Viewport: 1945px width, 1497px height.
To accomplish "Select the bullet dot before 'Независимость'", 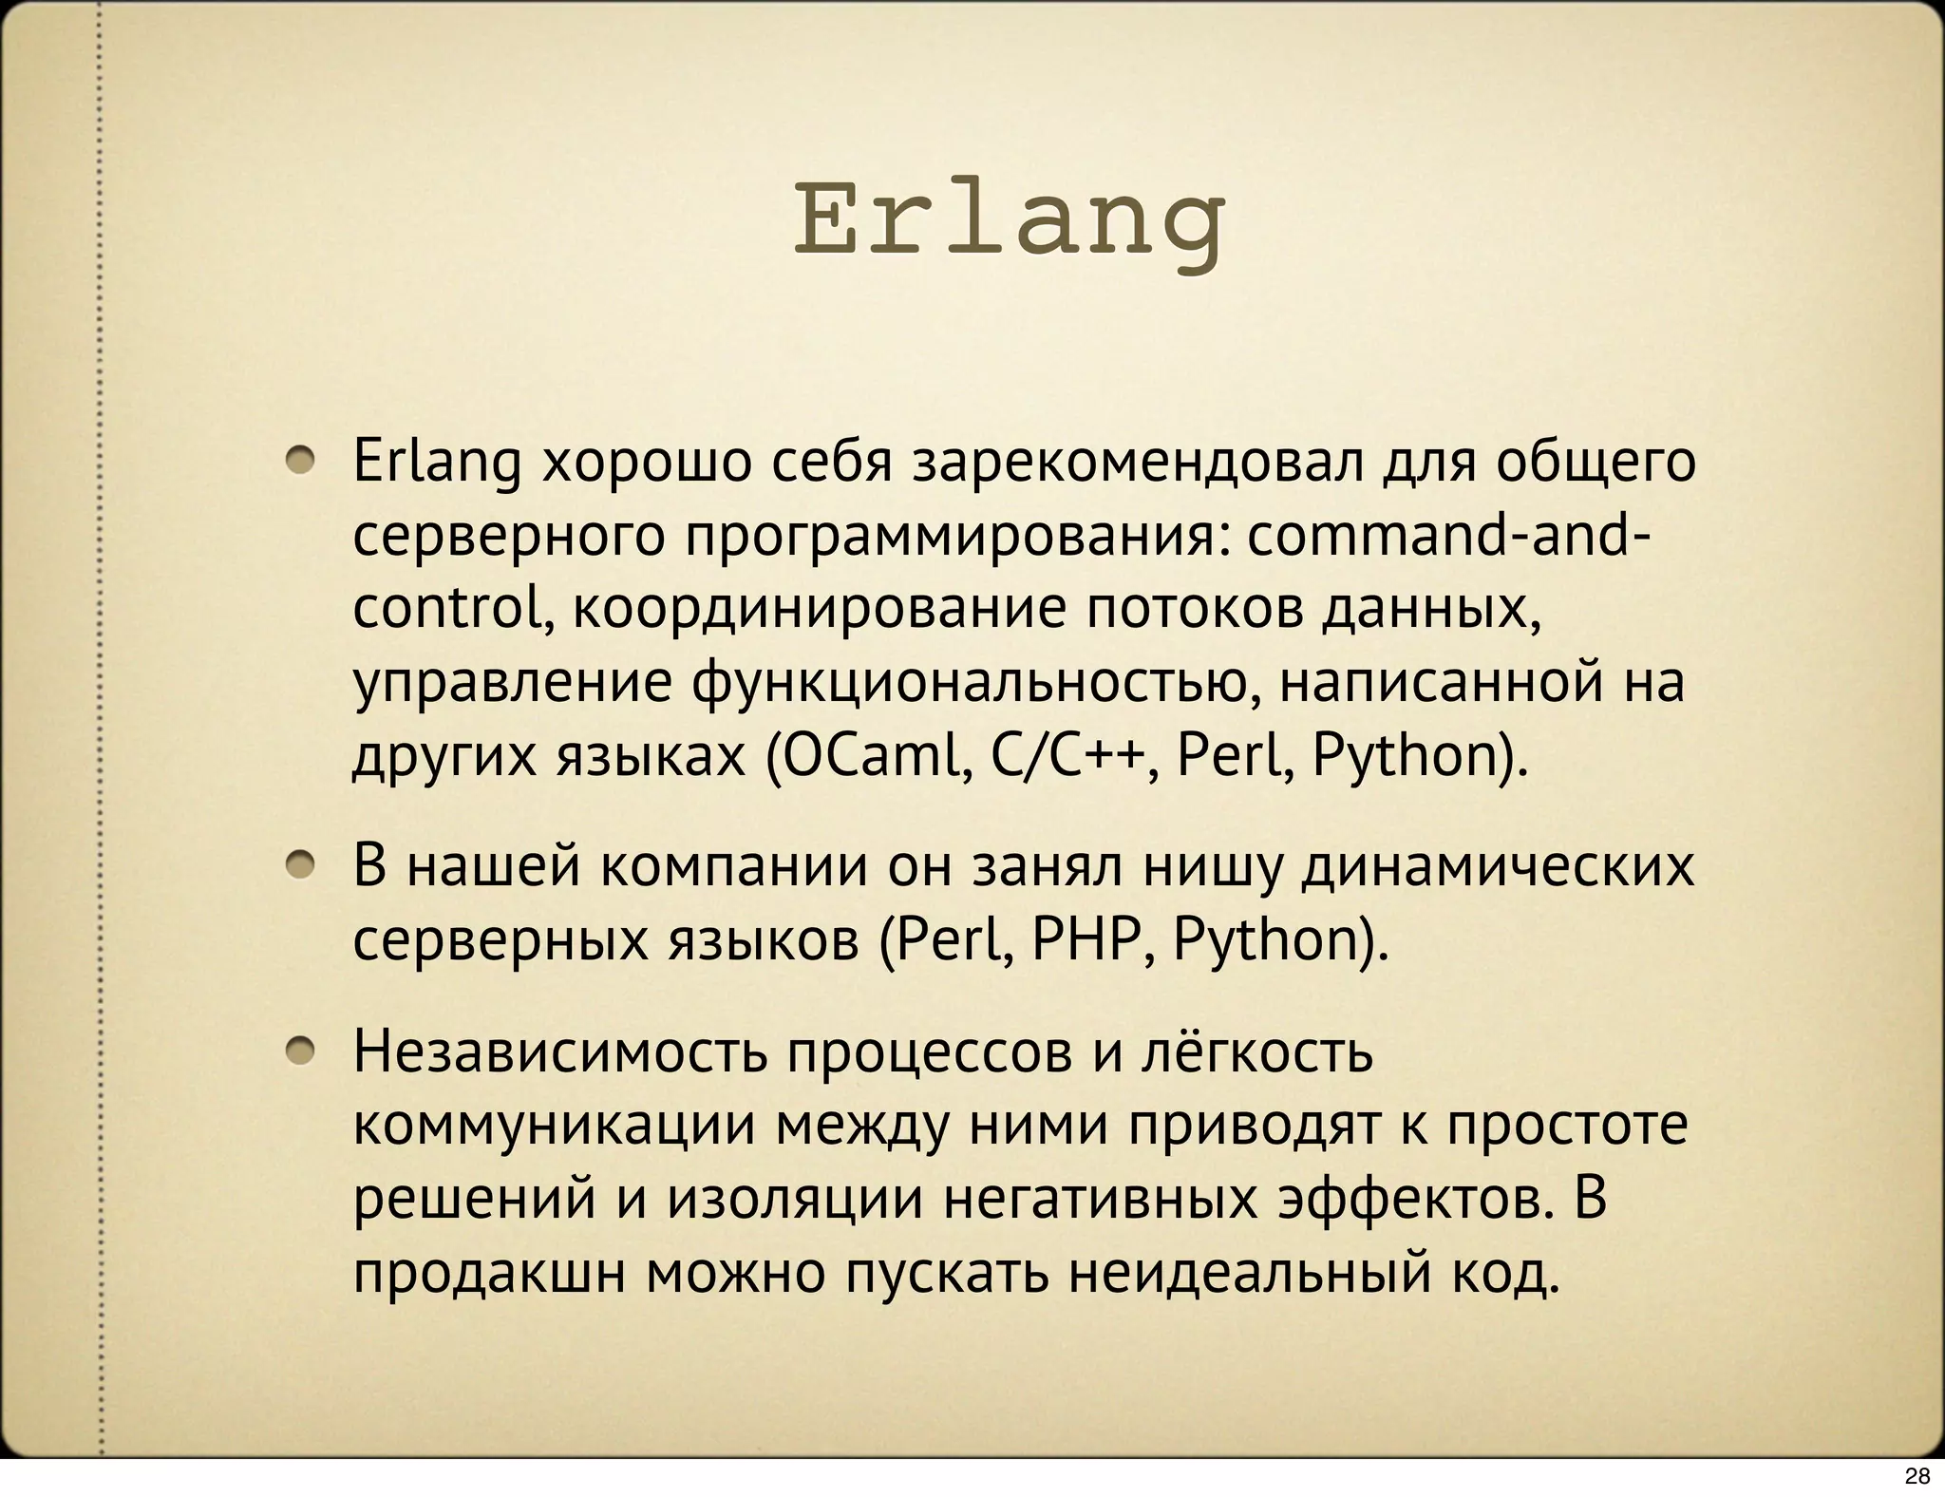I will point(303,1051).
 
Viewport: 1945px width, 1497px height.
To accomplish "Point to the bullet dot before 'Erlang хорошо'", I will point(303,462).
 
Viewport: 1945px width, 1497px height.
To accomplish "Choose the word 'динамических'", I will point(1497,866).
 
